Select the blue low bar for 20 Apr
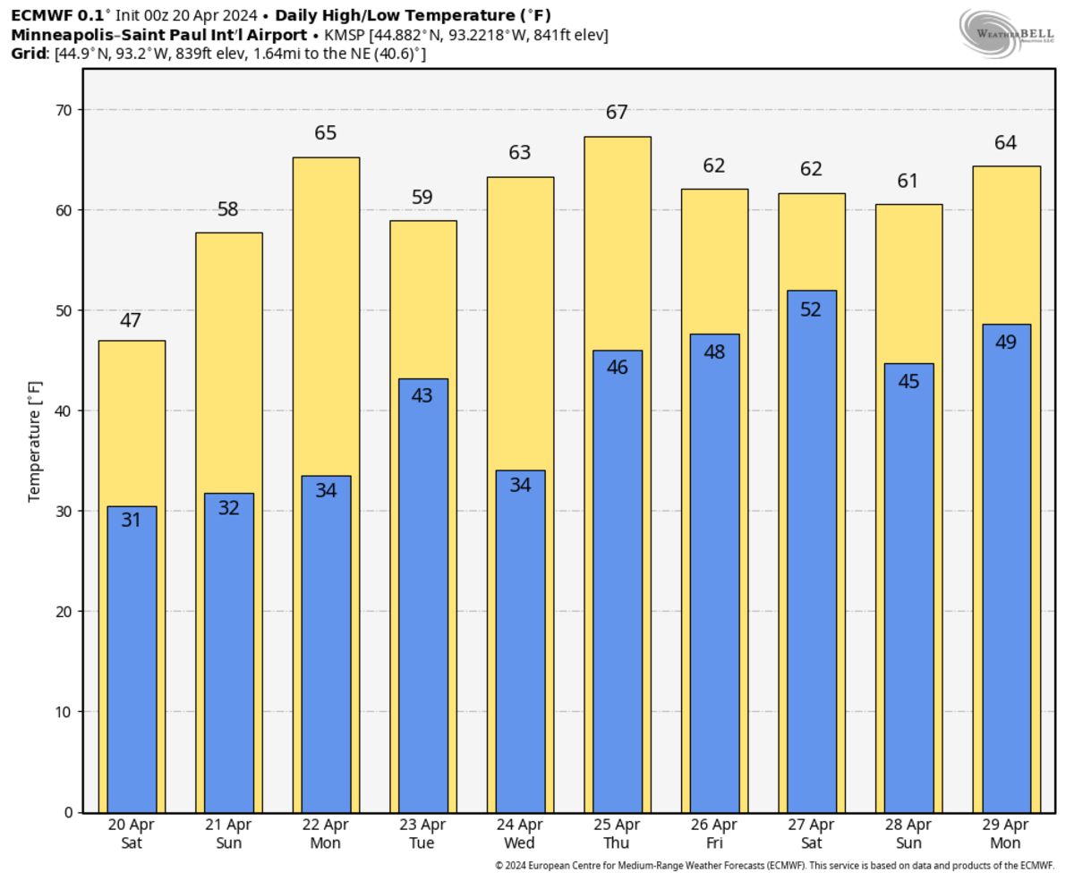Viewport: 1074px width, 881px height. [x=132, y=662]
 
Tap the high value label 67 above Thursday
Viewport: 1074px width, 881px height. [x=617, y=113]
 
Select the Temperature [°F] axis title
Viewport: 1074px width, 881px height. [x=35, y=441]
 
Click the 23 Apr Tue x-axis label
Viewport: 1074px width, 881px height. [x=422, y=834]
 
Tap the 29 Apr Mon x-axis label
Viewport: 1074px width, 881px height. [x=1006, y=834]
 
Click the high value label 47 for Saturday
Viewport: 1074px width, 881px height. [x=131, y=320]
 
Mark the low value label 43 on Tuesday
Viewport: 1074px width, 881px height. [x=422, y=394]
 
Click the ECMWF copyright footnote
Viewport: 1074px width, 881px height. [x=774, y=865]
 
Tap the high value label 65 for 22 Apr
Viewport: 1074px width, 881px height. [x=326, y=133]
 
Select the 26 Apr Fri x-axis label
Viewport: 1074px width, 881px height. [x=714, y=834]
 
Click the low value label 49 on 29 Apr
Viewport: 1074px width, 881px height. [x=1006, y=342]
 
